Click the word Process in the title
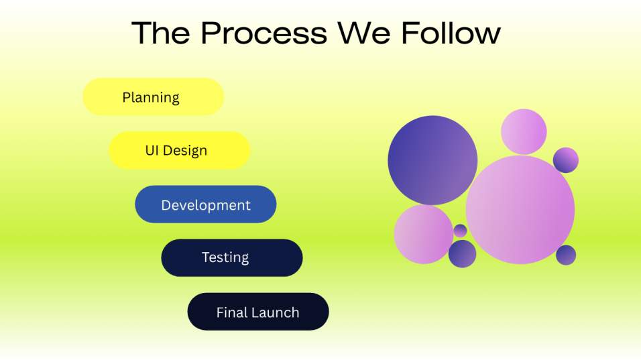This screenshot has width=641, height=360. pyautogui.click(x=264, y=33)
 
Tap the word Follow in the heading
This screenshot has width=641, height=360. pyautogui.click(x=451, y=33)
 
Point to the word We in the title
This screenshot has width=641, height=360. pyautogui.click(x=364, y=33)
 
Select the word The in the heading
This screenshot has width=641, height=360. pyautogui.click(x=161, y=33)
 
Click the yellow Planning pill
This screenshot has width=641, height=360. pyautogui.click(x=154, y=97)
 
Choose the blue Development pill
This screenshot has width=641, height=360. pyautogui.click(x=206, y=204)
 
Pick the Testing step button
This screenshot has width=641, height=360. pyautogui.click(x=232, y=258)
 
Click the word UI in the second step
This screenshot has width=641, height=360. pyautogui.click(x=152, y=150)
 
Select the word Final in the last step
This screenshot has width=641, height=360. pyautogui.click(x=231, y=312)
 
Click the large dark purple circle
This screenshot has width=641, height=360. pyautogui.click(x=432, y=160)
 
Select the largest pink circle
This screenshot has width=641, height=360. pyautogui.click(x=520, y=210)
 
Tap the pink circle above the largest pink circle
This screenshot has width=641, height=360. pyautogui.click(x=524, y=131)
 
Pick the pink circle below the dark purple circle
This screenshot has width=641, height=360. pyautogui.click(x=424, y=234)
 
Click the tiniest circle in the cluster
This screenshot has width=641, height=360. pyautogui.click(x=461, y=231)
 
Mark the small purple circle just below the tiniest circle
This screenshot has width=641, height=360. pyautogui.click(x=463, y=254)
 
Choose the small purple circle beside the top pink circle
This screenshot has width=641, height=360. pyautogui.click(x=566, y=160)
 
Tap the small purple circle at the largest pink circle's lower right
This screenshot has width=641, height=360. pyautogui.click(x=566, y=255)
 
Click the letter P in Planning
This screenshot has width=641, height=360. pyautogui.click(x=126, y=97)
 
